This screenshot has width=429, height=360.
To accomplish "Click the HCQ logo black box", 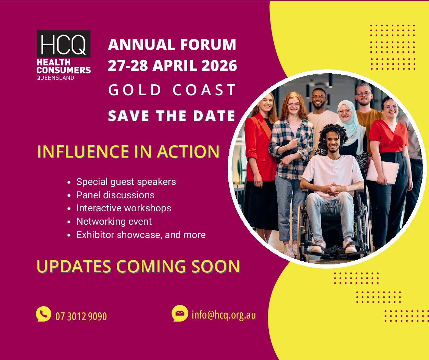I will pos(64,44).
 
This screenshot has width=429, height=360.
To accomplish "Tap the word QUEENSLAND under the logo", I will pos(55,78).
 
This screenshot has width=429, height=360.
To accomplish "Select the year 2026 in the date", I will pos(219,65).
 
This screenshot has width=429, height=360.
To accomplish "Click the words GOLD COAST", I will pos(172,90).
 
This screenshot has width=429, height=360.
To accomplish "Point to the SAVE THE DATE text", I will pos(172,116).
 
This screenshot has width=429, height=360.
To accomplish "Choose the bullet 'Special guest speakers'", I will pos(126,182).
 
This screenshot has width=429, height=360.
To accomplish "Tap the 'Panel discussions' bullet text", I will pos(115,195).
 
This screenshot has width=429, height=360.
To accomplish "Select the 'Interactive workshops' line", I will pos(124,208).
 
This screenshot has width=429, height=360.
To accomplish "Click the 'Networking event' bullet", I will pos(114,222).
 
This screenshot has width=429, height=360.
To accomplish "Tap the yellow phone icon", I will pos(43,313).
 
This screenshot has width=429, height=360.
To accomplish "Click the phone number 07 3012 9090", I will pos(81,316).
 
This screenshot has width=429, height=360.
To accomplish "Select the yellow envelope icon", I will pos(180,313).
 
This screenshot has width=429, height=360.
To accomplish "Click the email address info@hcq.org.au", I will pos(224,315).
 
